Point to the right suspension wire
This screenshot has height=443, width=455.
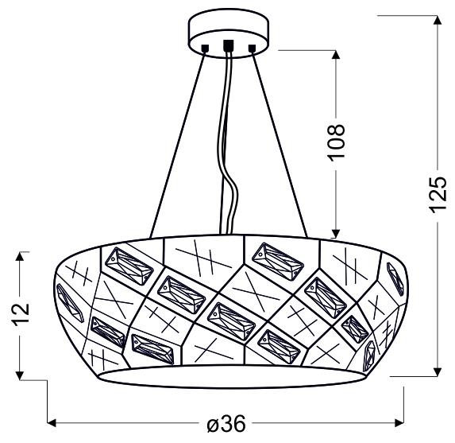280,143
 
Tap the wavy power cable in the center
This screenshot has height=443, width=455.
228,159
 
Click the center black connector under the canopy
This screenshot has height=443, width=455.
229,46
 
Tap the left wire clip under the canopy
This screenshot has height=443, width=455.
204,50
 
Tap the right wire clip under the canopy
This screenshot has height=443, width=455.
253,49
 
